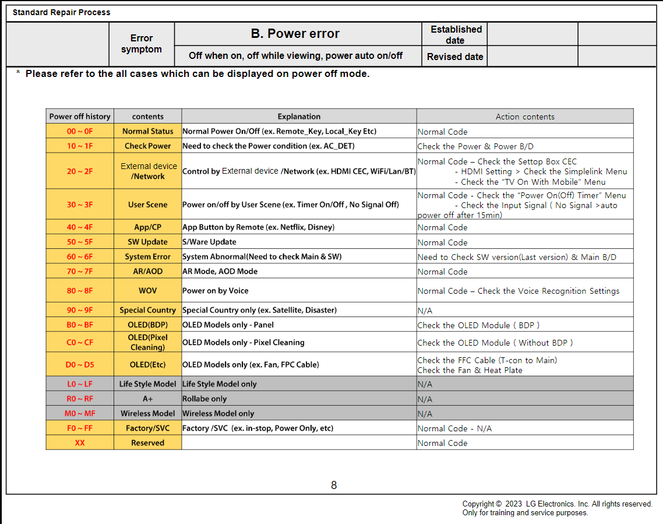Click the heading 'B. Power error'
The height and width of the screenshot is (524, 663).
tap(295, 34)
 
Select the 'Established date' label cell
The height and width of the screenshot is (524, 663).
tap(456, 35)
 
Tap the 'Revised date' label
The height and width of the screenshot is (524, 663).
tap(455, 57)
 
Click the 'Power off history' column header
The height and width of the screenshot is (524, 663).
tap(80, 117)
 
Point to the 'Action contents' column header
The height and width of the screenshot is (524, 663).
tap(525, 117)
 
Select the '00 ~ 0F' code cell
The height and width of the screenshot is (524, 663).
tap(80, 131)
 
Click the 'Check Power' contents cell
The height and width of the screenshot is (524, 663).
tap(148, 146)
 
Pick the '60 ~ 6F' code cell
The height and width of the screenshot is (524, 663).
tap(80, 256)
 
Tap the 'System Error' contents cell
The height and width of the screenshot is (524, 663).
tap(148, 256)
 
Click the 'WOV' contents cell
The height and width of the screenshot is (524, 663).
tap(148, 290)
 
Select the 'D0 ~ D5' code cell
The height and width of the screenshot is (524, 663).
tap(80, 364)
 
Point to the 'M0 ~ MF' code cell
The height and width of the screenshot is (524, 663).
tap(80, 413)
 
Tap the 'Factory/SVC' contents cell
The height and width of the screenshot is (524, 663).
tap(148, 428)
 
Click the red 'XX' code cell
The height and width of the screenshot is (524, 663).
tap(80, 442)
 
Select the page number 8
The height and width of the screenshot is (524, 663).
tap(334, 485)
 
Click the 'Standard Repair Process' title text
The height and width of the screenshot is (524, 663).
tap(61, 12)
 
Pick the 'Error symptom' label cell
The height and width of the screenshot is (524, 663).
tap(142, 44)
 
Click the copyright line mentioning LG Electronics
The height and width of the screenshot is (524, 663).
tap(557, 504)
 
